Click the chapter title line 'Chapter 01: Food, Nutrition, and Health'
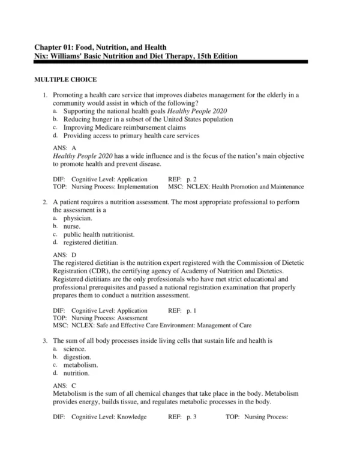pos(100,47)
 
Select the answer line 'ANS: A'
pos(65,147)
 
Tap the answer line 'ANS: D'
pos(65,255)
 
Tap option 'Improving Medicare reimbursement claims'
pos(124,127)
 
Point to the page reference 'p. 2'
pos(190,179)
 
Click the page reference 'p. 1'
pos(190,311)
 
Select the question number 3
pos(45,341)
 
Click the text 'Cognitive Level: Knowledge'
pos(109,416)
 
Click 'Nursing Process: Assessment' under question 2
pos(109,318)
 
